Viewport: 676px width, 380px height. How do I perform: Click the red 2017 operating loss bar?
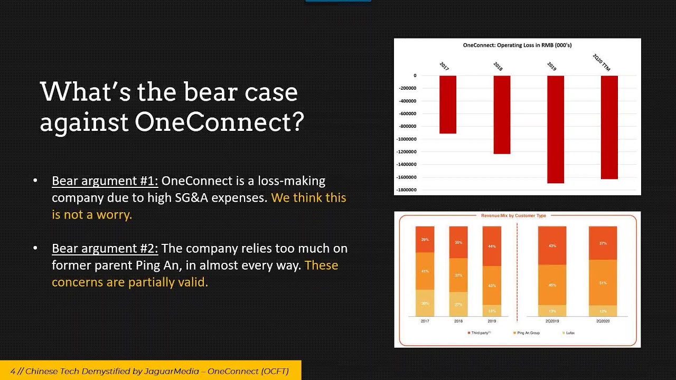pos(447,104)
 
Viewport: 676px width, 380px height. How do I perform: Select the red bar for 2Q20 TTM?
pos(609,127)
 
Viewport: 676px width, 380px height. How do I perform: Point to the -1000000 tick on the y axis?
pos(407,139)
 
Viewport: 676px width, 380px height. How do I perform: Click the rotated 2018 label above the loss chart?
pos(498,66)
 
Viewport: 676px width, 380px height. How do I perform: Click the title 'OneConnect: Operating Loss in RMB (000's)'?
pos(517,45)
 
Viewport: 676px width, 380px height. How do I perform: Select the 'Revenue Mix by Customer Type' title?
pos(513,216)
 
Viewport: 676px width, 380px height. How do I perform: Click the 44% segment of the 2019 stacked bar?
pos(491,246)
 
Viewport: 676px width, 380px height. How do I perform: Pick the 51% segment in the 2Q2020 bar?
pos(603,282)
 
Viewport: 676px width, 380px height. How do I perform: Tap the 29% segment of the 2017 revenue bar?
pos(425,240)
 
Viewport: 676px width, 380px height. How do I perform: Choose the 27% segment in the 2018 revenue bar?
pos(458,305)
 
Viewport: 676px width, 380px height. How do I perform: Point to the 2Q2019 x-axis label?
pos(551,321)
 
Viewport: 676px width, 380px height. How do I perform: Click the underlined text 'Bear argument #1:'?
pos(105,181)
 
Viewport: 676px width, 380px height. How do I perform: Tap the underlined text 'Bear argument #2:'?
pos(105,249)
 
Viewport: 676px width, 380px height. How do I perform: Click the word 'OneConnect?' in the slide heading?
pos(219,122)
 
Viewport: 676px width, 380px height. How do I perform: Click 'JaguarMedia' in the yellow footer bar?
pos(174,371)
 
